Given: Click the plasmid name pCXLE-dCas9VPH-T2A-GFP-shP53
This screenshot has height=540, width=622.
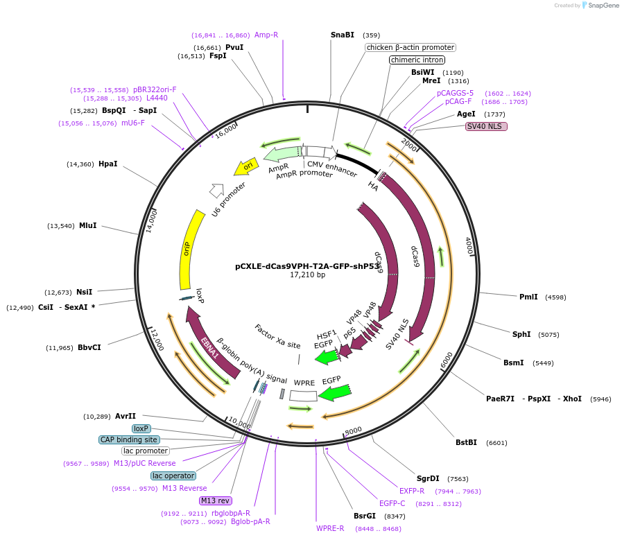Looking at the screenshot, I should point(307,265).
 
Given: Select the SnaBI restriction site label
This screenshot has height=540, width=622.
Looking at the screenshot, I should point(342,35).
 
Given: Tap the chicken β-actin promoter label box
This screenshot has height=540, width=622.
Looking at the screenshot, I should point(411,47).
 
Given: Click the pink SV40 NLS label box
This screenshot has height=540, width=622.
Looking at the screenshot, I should point(486,126).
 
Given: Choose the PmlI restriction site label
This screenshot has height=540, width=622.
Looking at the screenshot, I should point(528,297).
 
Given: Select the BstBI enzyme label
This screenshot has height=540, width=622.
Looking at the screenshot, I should point(466,442).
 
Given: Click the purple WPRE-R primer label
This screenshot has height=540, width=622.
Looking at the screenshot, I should point(330,528).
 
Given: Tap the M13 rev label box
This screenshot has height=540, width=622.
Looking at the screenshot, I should point(215,500).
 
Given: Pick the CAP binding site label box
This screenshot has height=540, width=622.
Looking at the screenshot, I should point(129,439).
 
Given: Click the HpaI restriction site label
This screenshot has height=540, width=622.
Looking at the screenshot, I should point(107,164).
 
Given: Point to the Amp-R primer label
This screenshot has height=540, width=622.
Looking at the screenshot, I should point(266,35).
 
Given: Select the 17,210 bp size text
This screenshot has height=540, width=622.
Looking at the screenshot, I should point(307,275).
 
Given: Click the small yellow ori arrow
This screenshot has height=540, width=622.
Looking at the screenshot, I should point(247,166).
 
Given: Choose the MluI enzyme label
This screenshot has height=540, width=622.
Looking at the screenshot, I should point(87,226).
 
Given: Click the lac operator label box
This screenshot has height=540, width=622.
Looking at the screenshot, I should point(173,476).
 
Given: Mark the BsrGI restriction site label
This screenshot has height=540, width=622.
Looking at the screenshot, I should point(364,516).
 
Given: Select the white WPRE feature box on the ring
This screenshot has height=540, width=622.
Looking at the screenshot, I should point(303,396).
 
